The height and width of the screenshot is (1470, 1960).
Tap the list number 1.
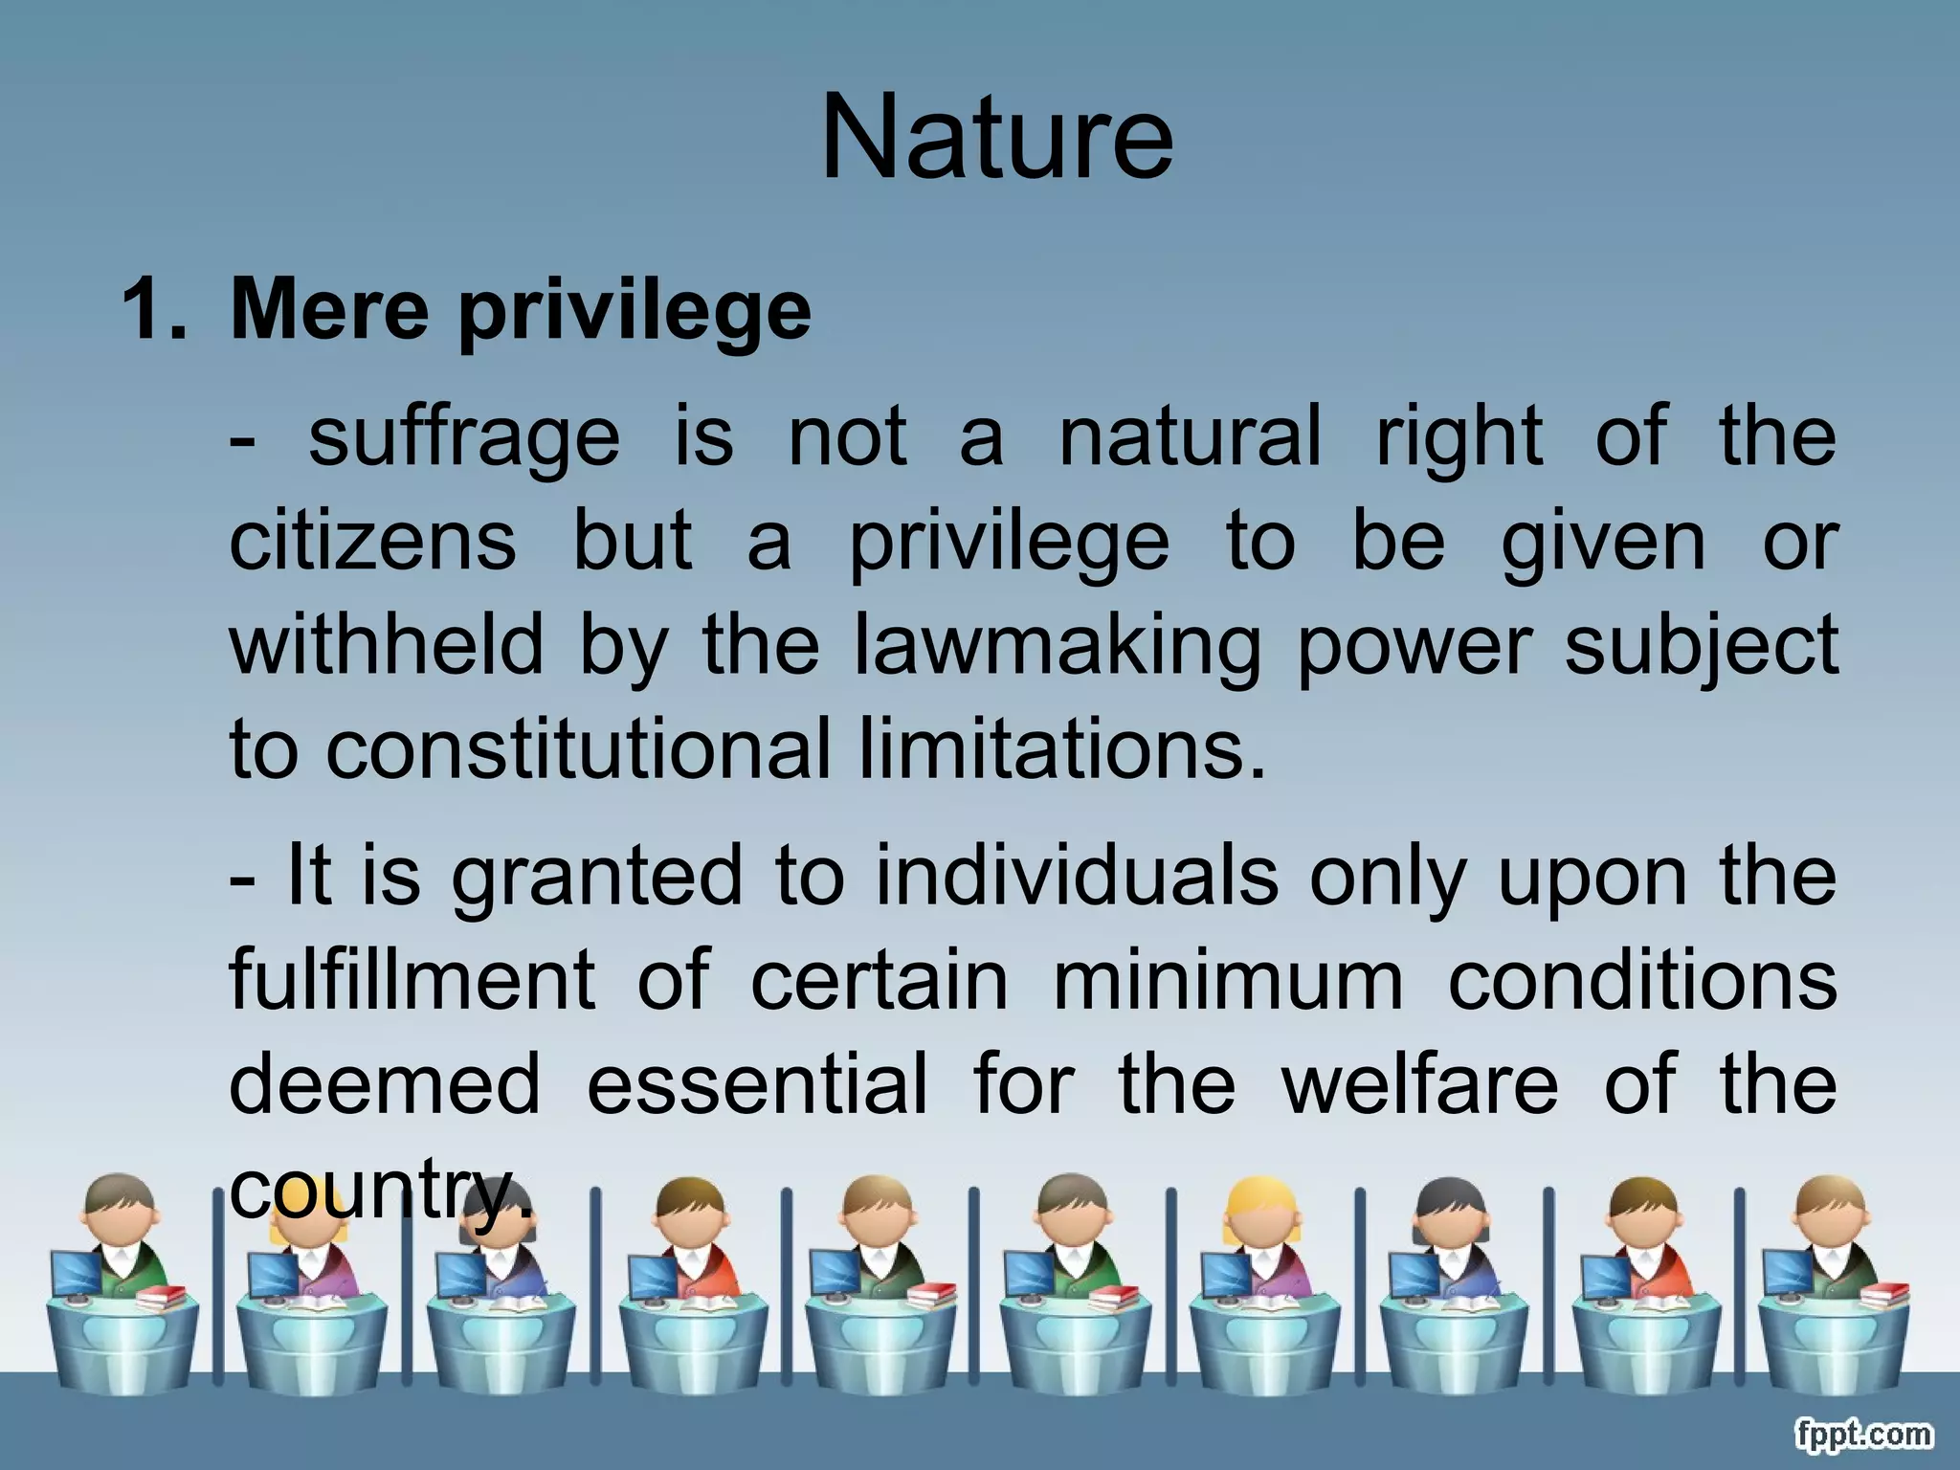pos(153,310)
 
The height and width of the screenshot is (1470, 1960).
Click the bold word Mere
pos(329,310)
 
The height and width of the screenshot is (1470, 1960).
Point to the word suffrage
pos(464,438)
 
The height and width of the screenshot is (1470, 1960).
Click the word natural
pos(1191,436)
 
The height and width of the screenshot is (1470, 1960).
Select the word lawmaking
pos(1057,647)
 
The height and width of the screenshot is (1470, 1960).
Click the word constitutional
pos(579,748)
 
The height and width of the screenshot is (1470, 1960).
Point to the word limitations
pos(1062,748)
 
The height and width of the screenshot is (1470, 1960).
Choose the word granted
pos(597,879)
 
